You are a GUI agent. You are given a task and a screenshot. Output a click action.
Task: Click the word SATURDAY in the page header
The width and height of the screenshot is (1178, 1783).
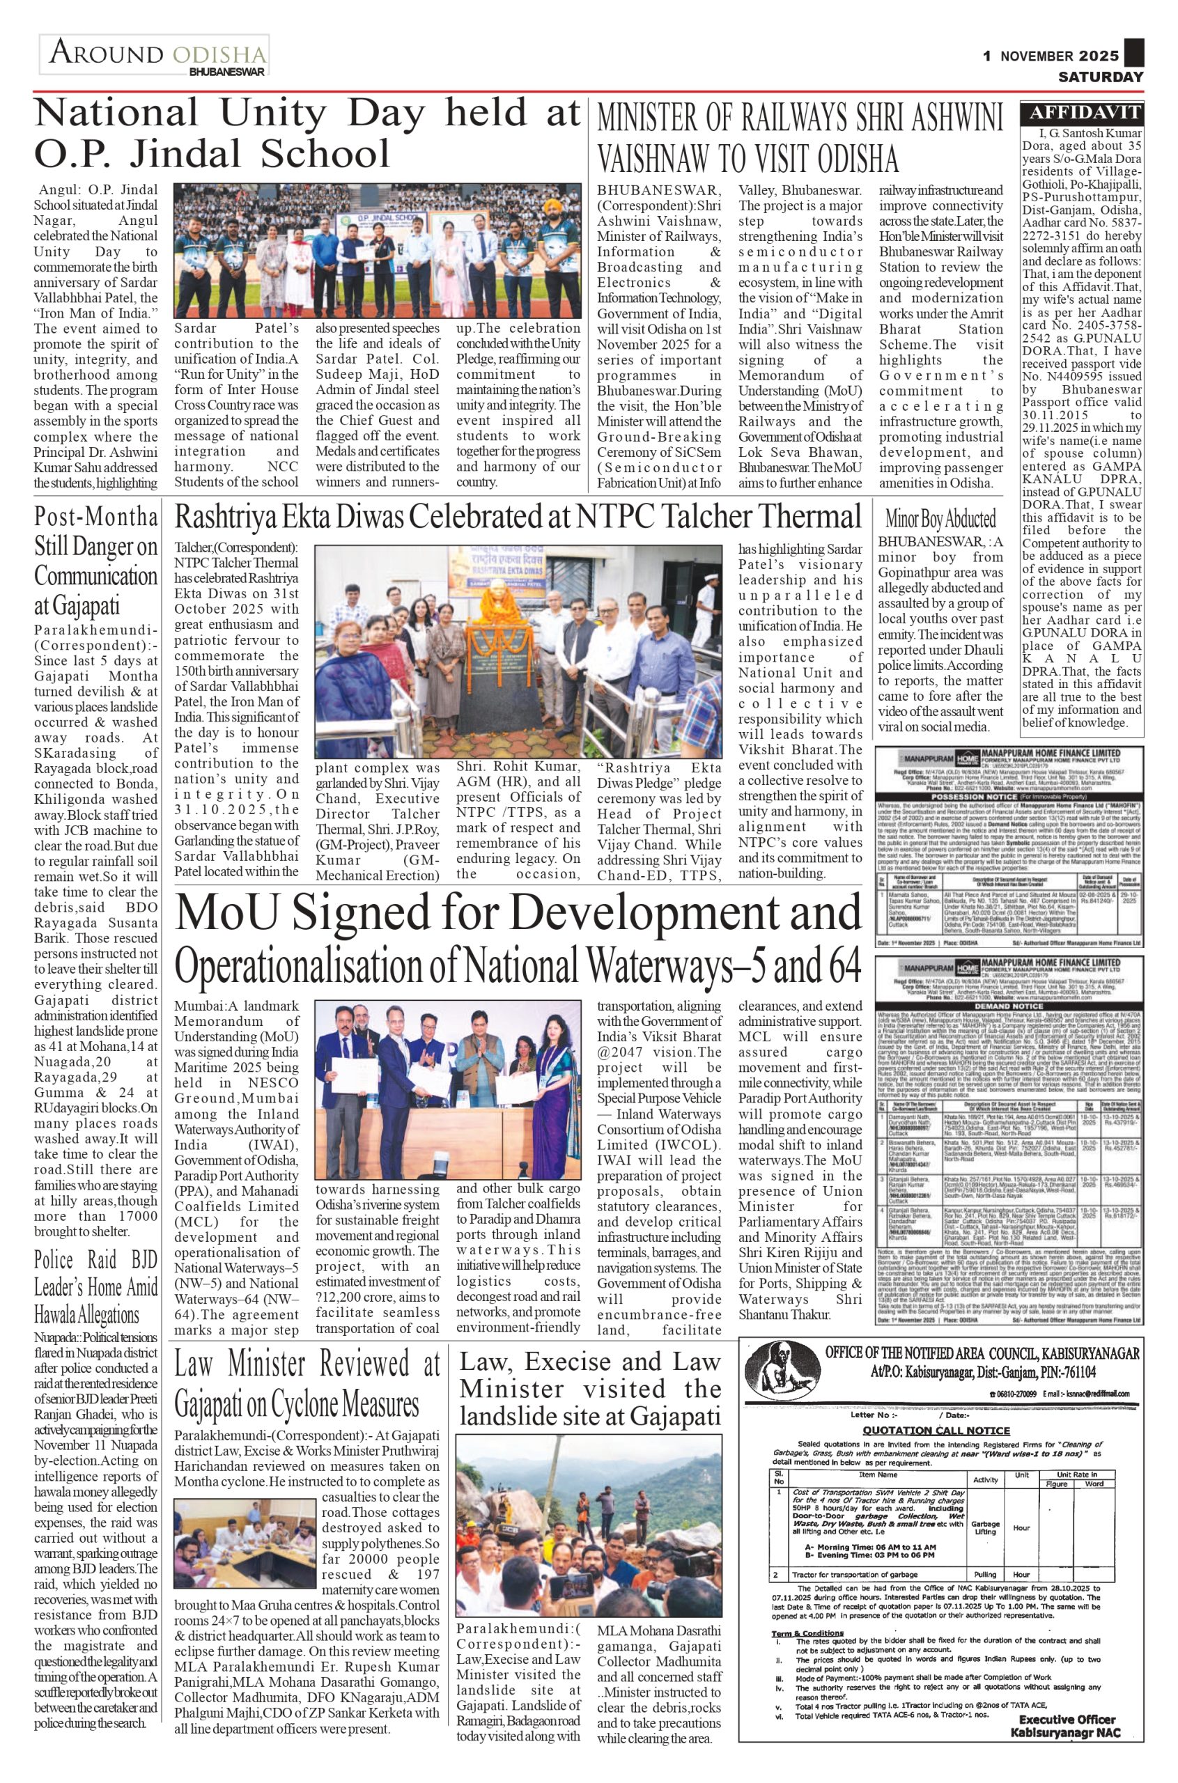pos(1101,77)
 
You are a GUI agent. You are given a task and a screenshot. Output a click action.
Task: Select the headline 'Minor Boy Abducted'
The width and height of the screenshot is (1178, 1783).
pos(940,518)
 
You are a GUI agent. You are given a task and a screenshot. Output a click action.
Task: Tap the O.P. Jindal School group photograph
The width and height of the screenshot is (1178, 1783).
pos(377,251)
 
